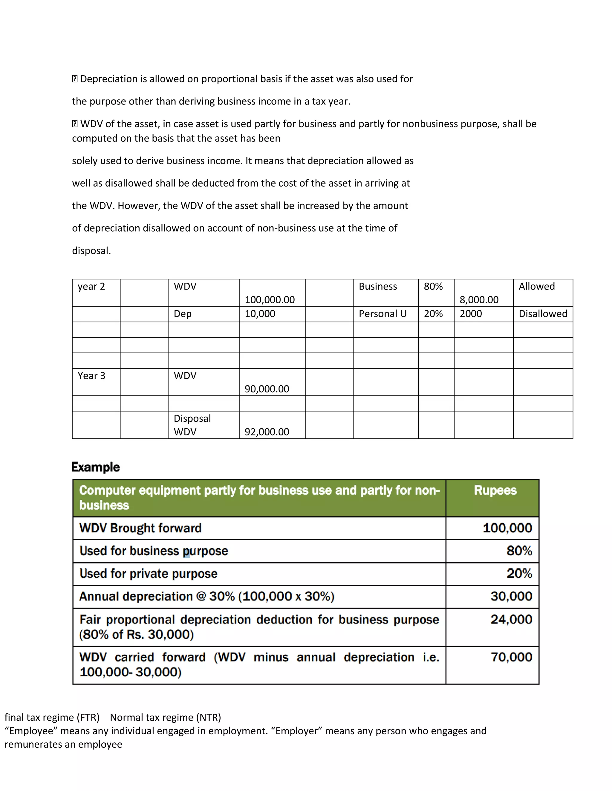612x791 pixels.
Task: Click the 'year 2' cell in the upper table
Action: click(91, 287)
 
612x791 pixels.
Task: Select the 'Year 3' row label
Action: click(91, 376)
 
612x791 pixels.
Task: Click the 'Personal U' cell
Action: click(382, 314)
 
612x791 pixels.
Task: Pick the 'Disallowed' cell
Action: click(543, 314)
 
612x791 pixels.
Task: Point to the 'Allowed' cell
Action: click(537, 287)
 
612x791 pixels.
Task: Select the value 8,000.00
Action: click(479, 299)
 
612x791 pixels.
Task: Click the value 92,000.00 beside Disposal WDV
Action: click(267, 432)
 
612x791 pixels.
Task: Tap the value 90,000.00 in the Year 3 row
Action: click(267, 389)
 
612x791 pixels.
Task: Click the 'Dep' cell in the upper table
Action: click(183, 314)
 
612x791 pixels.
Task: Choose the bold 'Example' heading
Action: click(96, 467)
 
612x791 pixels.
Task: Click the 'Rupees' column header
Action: click(495, 490)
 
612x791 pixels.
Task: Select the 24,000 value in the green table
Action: click(511, 620)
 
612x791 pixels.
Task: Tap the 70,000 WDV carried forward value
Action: click(511, 657)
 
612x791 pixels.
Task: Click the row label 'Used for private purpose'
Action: click(148, 574)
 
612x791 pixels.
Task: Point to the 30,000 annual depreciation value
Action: click(511, 596)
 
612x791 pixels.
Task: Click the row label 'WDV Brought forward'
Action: click(140, 528)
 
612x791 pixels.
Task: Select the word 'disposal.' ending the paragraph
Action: click(91, 251)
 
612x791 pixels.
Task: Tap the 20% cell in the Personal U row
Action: click(433, 314)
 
